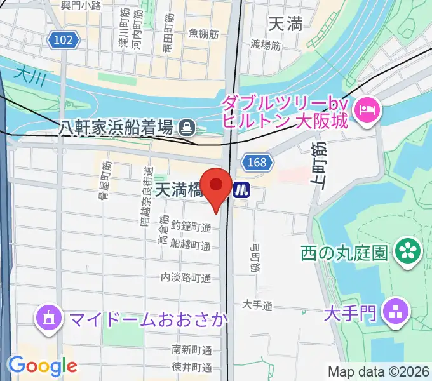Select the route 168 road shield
coord(257,163)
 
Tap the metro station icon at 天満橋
coord(241,189)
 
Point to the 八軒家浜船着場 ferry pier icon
coord(187,128)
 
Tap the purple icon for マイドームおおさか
coord(49,317)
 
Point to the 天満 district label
coord(285,25)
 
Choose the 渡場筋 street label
coord(266,44)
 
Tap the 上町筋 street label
coord(318,166)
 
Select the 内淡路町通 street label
coord(186,277)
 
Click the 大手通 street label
coord(257,305)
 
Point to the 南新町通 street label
coord(192,350)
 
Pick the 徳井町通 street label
coord(192,367)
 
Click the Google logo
coord(43,366)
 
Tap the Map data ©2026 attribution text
coord(378,371)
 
